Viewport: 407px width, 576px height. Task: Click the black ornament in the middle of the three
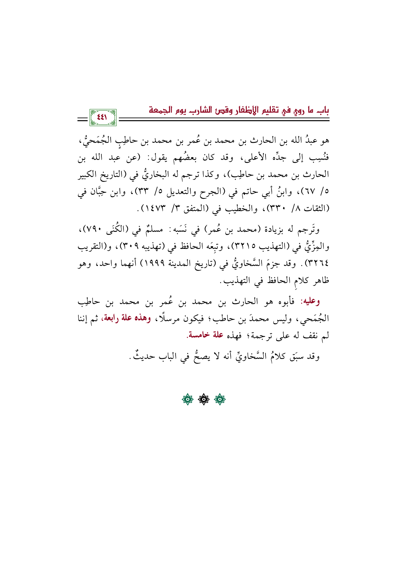pos(203,399)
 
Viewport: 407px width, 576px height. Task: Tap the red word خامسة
pos(198,336)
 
